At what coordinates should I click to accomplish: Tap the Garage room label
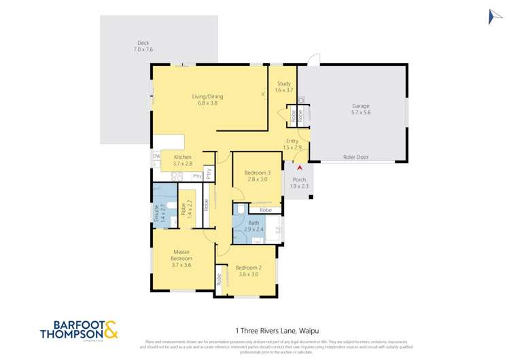point(360,107)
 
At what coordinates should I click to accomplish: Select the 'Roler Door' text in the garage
point(355,157)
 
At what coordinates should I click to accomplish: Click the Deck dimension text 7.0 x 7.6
point(143,50)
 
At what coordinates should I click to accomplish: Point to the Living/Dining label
point(207,96)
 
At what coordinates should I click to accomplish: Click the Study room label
point(283,84)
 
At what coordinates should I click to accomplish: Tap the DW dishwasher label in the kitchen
point(156,156)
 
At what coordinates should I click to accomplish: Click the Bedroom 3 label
point(257,173)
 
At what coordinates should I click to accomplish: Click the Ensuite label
point(157,214)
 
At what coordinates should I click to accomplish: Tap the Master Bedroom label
point(181,255)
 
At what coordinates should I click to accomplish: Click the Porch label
point(299,180)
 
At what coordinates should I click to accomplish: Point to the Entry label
point(292,141)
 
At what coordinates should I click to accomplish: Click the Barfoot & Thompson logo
point(79,329)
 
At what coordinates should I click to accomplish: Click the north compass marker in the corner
point(495,17)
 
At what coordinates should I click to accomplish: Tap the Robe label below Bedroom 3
point(265,211)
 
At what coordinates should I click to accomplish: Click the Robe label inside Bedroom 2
point(219,278)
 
